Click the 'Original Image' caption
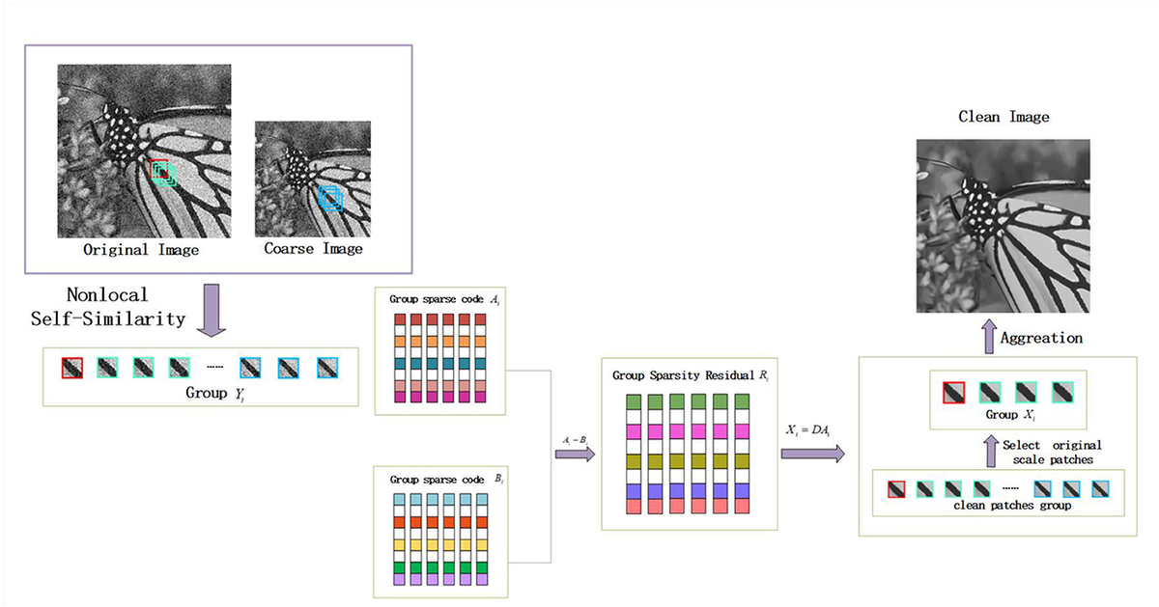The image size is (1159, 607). pos(142,249)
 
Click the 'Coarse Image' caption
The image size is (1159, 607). pos(314,249)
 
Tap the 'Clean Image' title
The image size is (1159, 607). pos(1004,117)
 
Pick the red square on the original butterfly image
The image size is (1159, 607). pos(159,169)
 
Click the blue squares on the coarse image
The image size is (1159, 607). pos(331,199)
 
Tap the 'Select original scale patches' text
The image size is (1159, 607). pos(1052,452)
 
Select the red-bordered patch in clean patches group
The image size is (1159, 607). pos(896,488)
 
